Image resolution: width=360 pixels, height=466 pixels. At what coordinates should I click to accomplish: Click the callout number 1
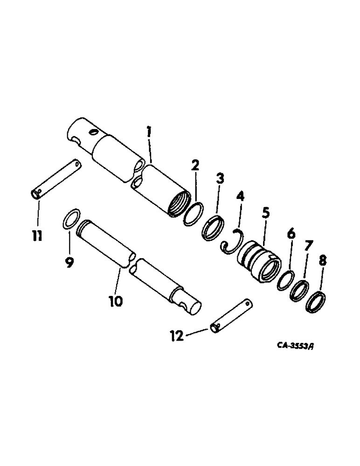pyautogui.click(x=149, y=132)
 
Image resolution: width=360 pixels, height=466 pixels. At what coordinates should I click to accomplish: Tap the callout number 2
pyautogui.click(x=195, y=165)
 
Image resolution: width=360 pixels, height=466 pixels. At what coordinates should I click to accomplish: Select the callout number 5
pyautogui.click(x=220, y=179)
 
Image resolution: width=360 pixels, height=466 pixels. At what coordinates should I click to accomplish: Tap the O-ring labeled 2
pyautogui.click(x=193, y=214)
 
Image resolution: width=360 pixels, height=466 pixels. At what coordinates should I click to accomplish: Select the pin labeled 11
pyautogui.click(x=56, y=180)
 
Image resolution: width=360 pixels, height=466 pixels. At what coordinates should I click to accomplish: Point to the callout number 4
pyautogui.click(x=240, y=197)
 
